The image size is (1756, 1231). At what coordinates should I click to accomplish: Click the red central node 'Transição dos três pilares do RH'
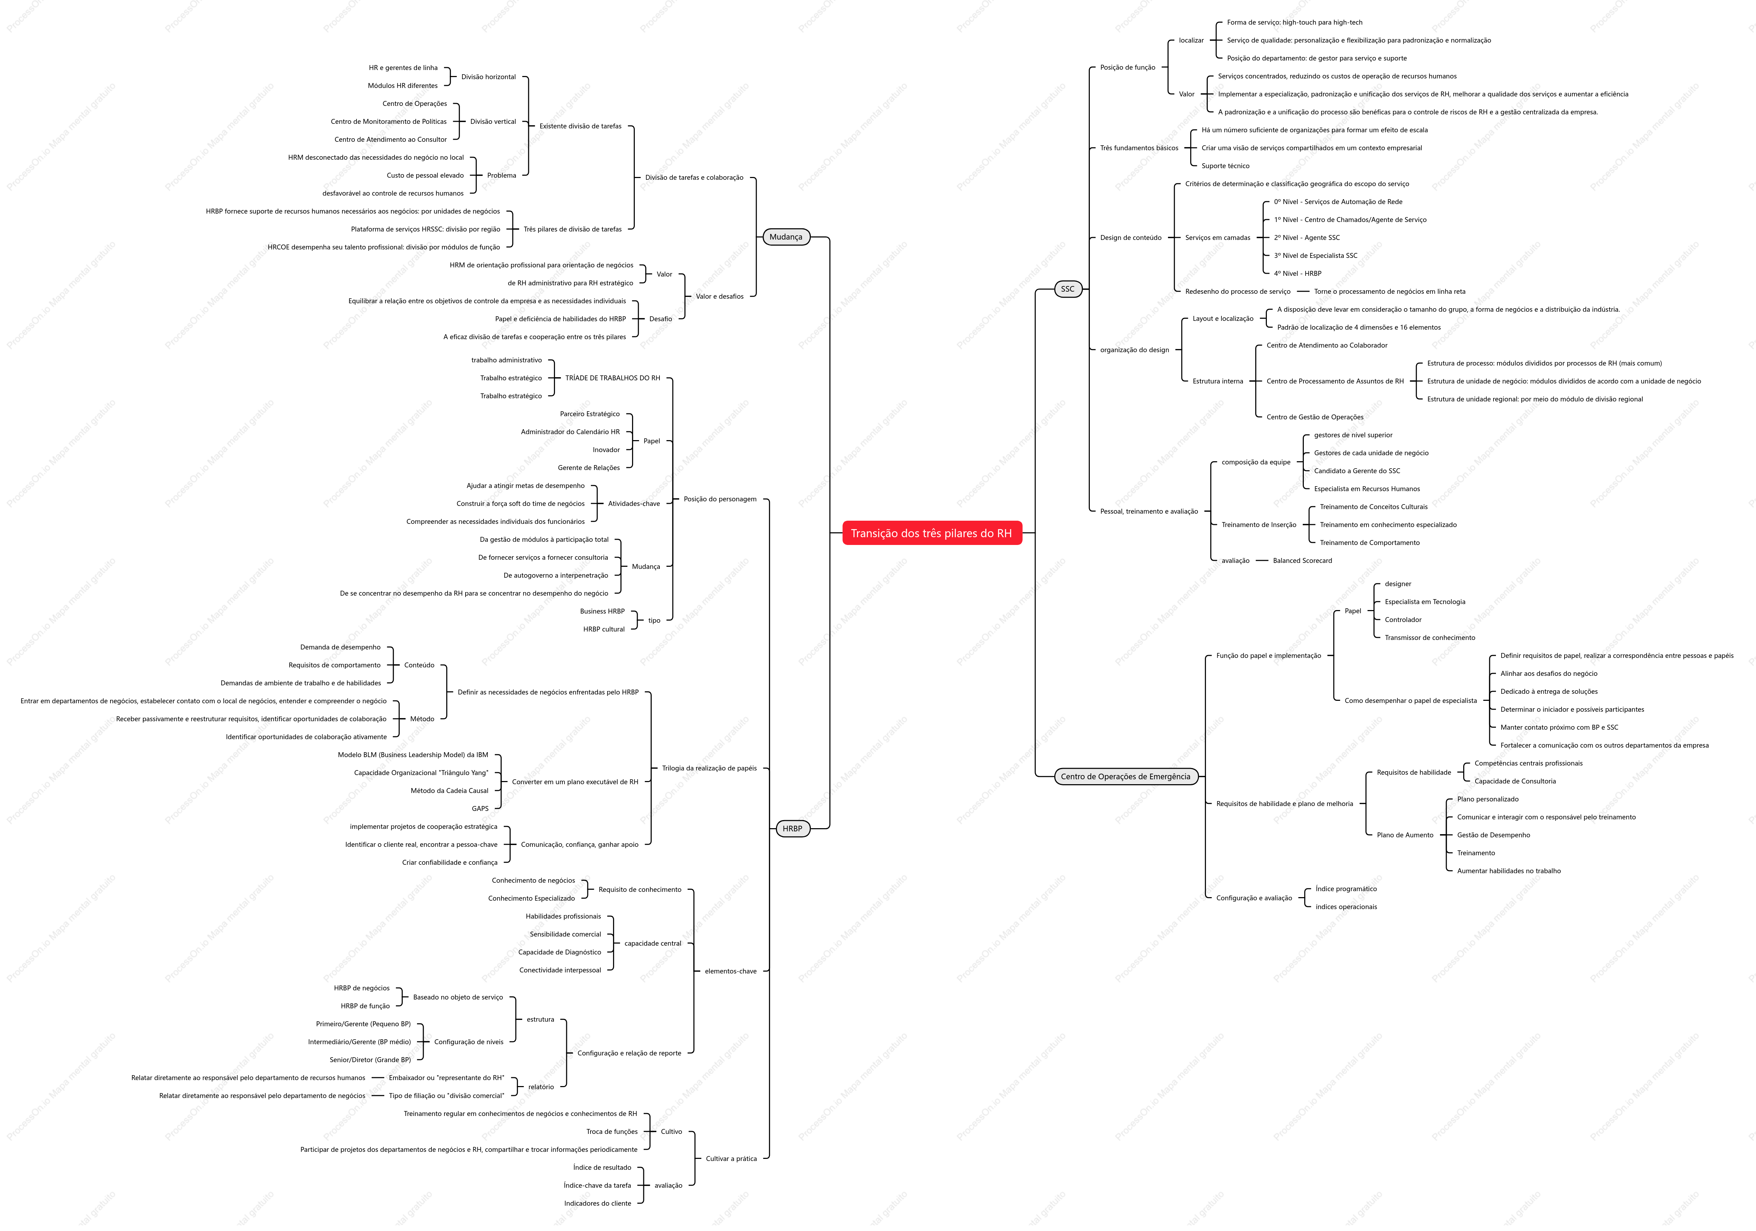[931, 533]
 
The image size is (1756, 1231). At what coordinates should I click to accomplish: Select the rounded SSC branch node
[1068, 289]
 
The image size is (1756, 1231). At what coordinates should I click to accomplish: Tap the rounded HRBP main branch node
[792, 829]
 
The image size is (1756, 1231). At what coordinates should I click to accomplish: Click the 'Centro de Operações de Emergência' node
[1126, 777]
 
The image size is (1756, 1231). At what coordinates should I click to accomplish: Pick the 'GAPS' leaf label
[480, 809]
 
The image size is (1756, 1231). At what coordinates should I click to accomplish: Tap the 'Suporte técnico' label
[1225, 166]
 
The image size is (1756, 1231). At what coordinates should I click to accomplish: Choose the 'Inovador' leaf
[606, 450]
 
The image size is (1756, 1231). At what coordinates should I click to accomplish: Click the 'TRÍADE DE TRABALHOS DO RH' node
[613, 379]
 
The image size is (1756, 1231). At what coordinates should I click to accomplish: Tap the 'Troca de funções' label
[612, 1132]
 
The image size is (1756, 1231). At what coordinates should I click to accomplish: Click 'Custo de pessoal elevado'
[425, 176]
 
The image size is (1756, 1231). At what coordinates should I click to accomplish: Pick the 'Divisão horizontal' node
[489, 77]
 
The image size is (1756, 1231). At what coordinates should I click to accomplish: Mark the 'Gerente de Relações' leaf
[589, 468]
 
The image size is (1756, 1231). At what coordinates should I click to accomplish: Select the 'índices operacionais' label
[1346, 908]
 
